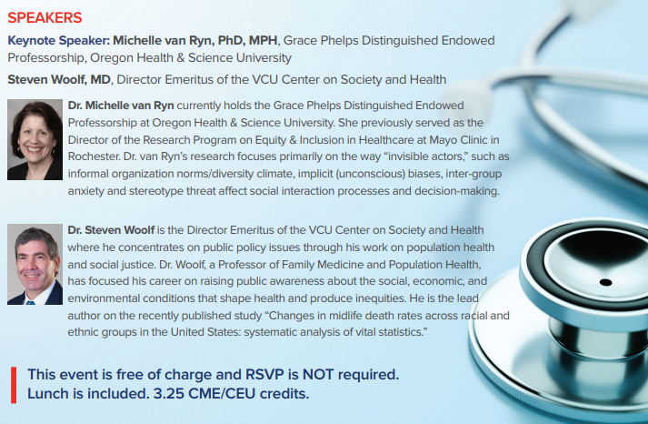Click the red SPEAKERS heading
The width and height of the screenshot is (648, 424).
[x=45, y=18]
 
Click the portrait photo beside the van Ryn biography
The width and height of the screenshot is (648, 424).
[x=35, y=139]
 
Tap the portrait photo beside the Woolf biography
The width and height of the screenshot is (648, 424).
[x=35, y=265]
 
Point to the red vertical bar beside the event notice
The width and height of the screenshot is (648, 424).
[x=14, y=385]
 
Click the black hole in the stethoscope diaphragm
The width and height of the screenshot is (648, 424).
[x=605, y=283]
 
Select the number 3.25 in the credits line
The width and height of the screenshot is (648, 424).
[x=169, y=393]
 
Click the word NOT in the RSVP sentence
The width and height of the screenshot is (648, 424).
[x=318, y=374]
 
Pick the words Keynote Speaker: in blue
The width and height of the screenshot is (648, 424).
[x=58, y=41]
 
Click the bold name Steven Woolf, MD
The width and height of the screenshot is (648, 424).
[x=59, y=79]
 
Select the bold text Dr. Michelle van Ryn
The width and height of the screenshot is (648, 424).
[x=121, y=106]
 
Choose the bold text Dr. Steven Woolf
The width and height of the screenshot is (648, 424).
[x=111, y=230]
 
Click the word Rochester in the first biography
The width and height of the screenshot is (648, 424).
[x=94, y=156]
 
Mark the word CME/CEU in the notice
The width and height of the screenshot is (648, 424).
[x=222, y=393]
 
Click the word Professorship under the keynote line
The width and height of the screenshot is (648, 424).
[x=46, y=58]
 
